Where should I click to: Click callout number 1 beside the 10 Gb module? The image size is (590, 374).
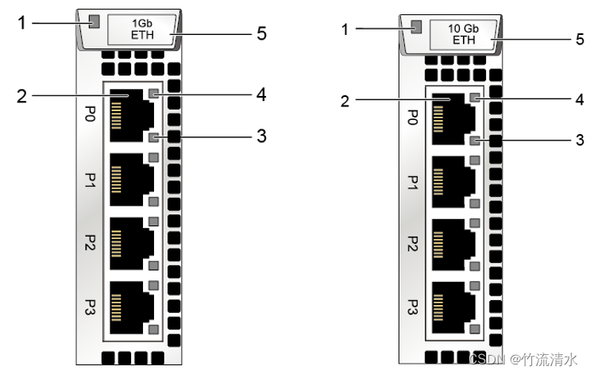coord(344,29)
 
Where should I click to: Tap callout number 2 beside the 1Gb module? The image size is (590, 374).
coord(22,97)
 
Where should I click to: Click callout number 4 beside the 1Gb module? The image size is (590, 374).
coord(261,94)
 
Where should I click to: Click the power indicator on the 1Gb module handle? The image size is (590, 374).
coord(94,21)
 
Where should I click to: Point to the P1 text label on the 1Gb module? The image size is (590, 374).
coord(90,183)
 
